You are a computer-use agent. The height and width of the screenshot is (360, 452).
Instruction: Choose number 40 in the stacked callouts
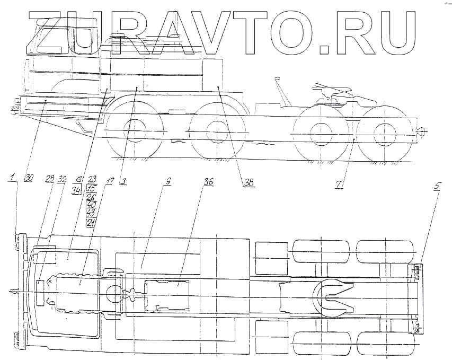[91, 204]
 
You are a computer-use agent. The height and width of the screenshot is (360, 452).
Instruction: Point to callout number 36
[208, 181]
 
